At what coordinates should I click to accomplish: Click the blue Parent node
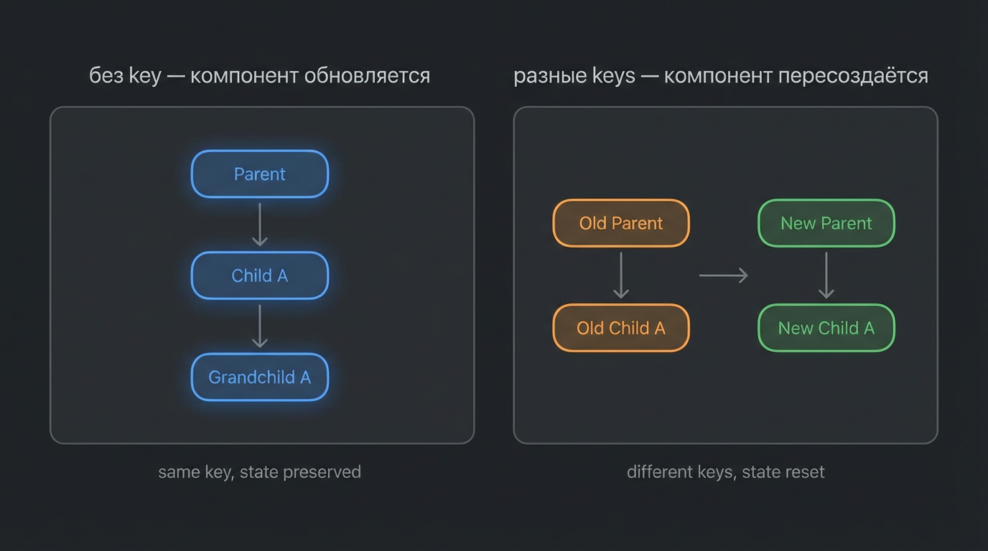(x=259, y=174)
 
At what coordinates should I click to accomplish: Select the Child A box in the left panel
(x=259, y=275)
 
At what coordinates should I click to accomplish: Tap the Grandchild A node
(x=259, y=377)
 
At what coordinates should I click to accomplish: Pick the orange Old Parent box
(x=620, y=223)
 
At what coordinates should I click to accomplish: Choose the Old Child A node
(x=620, y=328)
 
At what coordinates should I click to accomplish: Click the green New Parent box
(x=826, y=223)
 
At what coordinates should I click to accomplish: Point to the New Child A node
(x=826, y=328)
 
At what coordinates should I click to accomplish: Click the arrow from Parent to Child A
(x=260, y=225)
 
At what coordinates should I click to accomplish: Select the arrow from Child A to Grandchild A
(x=260, y=326)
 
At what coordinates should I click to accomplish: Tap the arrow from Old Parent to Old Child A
(x=621, y=275)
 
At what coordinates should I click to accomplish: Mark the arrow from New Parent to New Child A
(x=826, y=275)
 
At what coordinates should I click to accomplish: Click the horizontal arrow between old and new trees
(x=723, y=275)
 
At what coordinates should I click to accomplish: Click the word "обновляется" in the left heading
(x=367, y=75)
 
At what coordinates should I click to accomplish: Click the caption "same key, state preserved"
(x=259, y=472)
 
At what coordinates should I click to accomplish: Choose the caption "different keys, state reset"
(x=725, y=472)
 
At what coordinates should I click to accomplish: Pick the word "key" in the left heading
(x=145, y=75)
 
